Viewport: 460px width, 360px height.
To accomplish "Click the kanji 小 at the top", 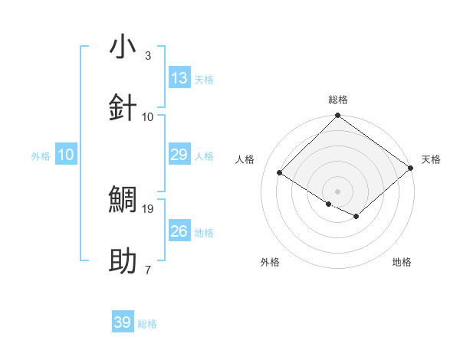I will tap(123, 47).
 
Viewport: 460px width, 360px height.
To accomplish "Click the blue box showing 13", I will tap(179, 78).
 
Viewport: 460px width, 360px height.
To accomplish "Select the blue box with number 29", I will tap(179, 155).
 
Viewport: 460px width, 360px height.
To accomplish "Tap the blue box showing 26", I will tap(179, 231).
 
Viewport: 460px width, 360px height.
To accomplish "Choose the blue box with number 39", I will tap(123, 322).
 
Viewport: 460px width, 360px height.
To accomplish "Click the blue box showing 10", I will tap(66, 155).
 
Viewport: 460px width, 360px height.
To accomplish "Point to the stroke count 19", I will tap(149, 208).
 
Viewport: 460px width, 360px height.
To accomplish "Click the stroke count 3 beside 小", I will tap(148, 56).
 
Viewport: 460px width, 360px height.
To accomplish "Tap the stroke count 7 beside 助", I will tap(148, 270).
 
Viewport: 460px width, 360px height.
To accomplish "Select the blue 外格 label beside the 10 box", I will tap(41, 156).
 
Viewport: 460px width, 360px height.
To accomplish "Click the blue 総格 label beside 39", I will tap(147, 324).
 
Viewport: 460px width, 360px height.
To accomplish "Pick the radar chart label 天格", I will tap(431, 159).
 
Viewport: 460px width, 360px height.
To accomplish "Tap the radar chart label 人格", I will tap(245, 159).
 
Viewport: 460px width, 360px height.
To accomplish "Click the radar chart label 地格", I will tap(402, 262).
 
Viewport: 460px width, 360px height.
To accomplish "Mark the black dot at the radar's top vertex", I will tap(337, 116).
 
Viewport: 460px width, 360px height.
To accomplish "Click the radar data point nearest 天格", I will tap(411, 169).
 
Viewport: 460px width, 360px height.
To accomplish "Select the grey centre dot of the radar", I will tap(337, 191).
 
